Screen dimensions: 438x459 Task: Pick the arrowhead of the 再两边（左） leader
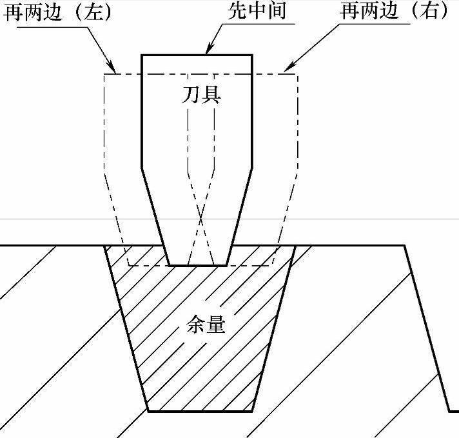coord(113,70)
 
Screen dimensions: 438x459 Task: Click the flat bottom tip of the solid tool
coord(197,265)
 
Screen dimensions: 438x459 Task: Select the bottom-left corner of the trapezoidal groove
coord(148,411)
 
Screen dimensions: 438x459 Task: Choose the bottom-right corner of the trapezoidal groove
coord(252,411)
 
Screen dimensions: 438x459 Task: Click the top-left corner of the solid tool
coord(142,54)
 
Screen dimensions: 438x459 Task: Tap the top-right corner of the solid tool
coord(251,54)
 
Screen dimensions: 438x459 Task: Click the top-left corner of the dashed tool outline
coord(104,74)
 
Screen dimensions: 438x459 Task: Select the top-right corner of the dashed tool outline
coord(297,74)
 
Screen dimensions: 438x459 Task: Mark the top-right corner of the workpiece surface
coord(405,245)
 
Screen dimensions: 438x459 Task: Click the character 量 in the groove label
coord(217,324)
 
